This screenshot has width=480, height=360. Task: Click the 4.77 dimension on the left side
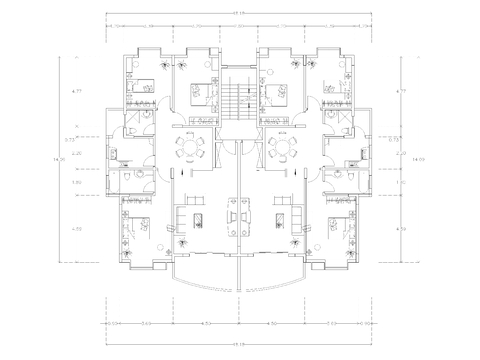76,92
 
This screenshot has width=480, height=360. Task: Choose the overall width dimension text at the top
240,13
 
